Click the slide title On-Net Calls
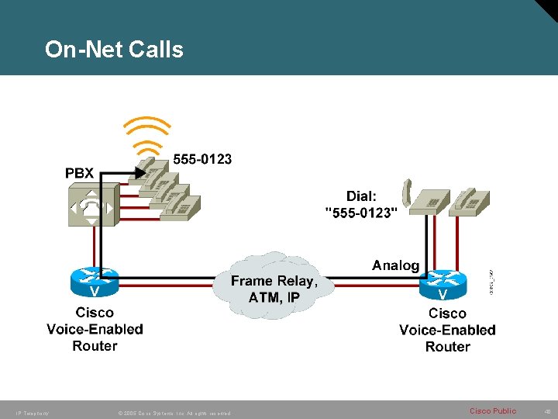click(114, 50)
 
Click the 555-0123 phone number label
click(201, 159)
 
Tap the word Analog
click(395, 265)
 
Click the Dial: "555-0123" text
click(360, 204)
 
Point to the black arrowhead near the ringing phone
click(141, 173)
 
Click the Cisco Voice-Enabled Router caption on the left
click(95, 329)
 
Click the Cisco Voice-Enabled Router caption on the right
click(447, 330)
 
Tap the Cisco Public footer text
click(493, 410)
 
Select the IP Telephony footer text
click(32, 413)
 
